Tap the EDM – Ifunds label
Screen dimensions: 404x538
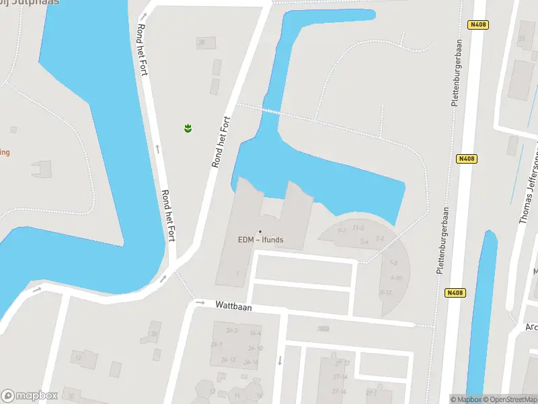pos(261,239)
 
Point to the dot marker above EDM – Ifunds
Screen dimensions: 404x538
pos(260,232)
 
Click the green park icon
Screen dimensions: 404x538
pos(188,127)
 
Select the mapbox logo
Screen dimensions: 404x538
pos(30,396)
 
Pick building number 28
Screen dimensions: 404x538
pos(201,42)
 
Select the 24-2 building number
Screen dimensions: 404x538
pos(232,331)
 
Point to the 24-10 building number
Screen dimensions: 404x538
pos(255,348)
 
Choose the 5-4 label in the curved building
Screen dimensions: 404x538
pos(364,241)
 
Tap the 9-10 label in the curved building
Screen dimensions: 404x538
pos(395,277)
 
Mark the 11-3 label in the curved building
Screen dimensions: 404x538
pos(358,228)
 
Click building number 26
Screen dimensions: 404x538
pos(155,334)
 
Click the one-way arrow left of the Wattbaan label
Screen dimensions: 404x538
pos(200,303)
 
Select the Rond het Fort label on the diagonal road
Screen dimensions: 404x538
pos(221,142)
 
